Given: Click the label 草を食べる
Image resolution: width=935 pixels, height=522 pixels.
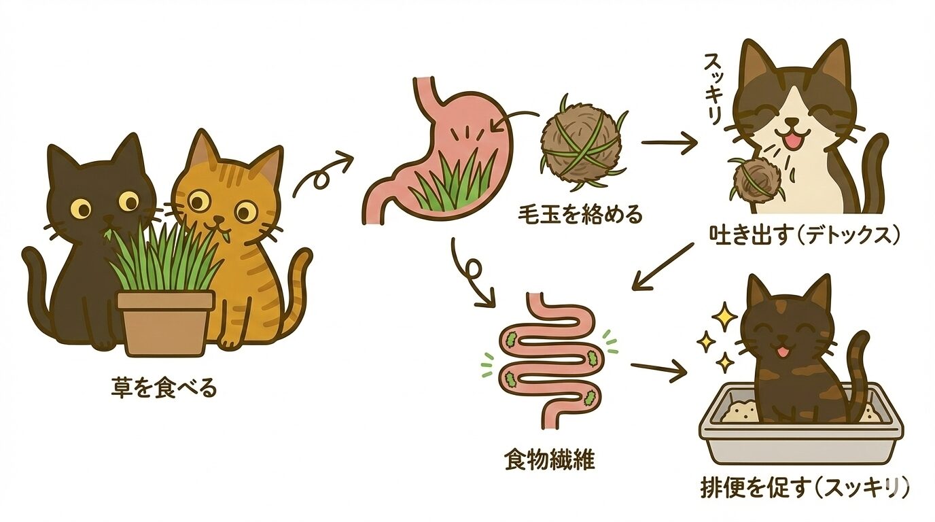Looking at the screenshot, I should click(164, 389).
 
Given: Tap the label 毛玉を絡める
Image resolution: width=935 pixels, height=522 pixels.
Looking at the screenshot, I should click(580, 215).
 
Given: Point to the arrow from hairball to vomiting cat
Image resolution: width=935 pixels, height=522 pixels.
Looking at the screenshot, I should click(669, 143).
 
